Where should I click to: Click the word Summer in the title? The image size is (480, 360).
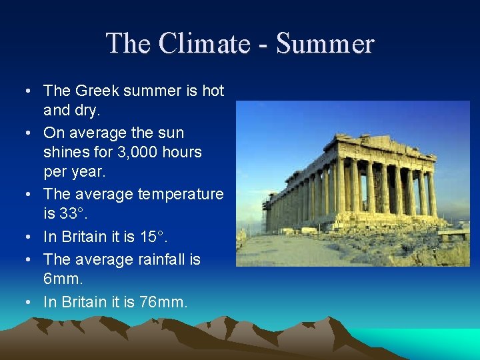(325, 44)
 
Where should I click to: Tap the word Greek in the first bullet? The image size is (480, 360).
(98, 91)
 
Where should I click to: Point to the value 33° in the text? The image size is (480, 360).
(73, 215)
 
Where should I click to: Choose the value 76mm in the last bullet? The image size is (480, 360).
(163, 302)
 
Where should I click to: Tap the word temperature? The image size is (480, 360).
(181, 195)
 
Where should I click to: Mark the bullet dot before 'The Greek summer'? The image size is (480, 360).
(25, 91)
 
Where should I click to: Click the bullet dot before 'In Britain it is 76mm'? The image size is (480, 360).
(25, 302)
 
